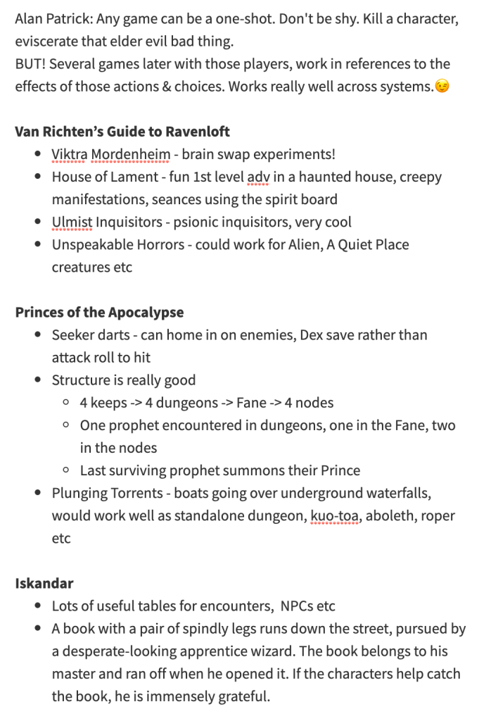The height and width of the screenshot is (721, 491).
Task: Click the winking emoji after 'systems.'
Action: pos(442,87)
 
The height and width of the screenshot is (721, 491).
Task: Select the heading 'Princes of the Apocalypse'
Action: pos(99,312)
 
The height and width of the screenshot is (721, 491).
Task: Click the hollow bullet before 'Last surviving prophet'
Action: pos(65,470)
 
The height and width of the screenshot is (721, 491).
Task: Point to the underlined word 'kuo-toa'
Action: pos(334,515)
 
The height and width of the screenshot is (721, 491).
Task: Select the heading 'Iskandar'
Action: pos(44,583)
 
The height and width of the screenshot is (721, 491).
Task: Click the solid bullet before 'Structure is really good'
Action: pos(37,380)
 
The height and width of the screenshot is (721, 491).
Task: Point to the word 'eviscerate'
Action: pos(47,41)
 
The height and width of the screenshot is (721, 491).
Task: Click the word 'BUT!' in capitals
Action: pos(30,64)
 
